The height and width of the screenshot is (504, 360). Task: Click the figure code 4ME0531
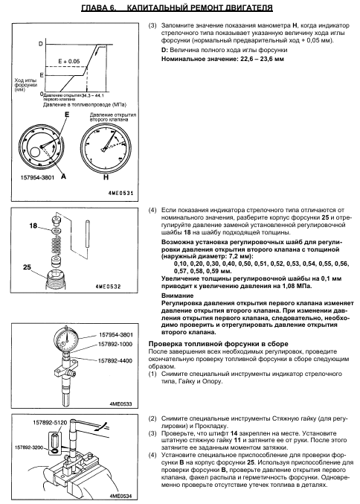pyautogui.click(x=120, y=193)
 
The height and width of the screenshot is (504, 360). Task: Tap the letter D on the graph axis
pyautogui.click(x=40, y=43)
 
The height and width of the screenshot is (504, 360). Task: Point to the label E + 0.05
pyautogui.click(x=69, y=61)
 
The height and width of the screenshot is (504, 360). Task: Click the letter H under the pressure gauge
pyautogui.click(x=106, y=177)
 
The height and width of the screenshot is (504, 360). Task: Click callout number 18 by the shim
pyautogui.click(x=33, y=226)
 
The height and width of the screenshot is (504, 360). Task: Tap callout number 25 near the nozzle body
pyautogui.click(x=27, y=267)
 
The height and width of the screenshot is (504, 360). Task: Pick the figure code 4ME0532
pyautogui.click(x=109, y=287)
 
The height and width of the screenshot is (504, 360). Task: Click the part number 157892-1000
pyautogui.click(x=115, y=344)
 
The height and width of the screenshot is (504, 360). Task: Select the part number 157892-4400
pyautogui.click(x=115, y=360)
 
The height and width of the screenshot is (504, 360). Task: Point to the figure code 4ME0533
pyautogui.click(x=120, y=403)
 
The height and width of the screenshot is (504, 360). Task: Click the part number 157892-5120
pyautogui.click(x=50, y=422)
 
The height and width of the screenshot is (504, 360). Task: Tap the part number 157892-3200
pyautogui.click(x=29, y=447)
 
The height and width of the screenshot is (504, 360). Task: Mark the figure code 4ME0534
pyautogui.click(x=120, y=496)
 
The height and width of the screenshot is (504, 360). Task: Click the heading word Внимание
pyautogui.click(x=178, y=296)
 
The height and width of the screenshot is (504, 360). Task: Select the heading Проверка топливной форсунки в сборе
pyautogui.click(x=219, y=344)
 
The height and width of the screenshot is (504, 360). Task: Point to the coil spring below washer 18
pyautogui.click(x=56, y=243)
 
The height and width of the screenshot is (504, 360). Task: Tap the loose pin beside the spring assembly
pyautogui.click(x=87, y=234)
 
